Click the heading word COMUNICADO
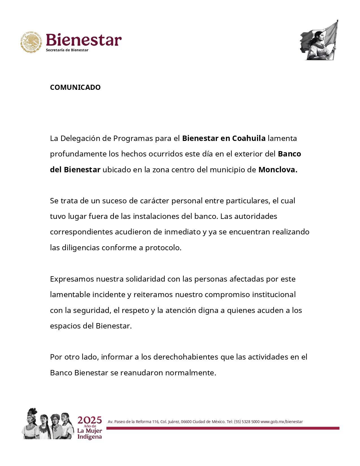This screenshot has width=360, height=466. coord(75,87)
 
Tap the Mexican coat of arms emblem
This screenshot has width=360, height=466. coord(31,42)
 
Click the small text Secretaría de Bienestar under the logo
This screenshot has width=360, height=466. coord(67,50)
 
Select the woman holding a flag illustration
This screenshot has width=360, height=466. coord(319,40)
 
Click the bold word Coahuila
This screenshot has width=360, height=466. coord(249,138)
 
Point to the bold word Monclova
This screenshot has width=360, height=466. coord(278,170)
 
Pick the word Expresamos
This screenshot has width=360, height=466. coord(72,279)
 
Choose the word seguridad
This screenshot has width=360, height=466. coord(92,310)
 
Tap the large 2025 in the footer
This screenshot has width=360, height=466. coord(90,420)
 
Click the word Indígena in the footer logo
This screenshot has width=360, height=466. coord(90,437)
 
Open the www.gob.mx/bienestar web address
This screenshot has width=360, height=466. coord(282,422)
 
